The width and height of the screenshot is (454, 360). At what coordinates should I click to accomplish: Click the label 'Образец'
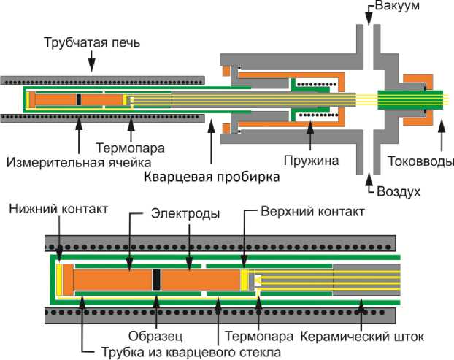coord(157,337)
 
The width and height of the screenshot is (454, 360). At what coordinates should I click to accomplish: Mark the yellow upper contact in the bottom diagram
coord(245,279)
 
